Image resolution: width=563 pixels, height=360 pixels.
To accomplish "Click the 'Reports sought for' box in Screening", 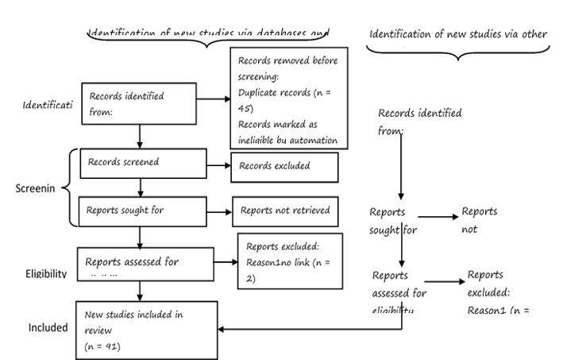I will (141, 211).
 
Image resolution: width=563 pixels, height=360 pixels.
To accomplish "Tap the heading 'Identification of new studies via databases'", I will (208, 33).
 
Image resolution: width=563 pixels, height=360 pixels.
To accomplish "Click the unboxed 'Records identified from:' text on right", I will (419, 121).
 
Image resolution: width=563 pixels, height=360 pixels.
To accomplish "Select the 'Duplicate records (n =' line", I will (283, 103).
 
